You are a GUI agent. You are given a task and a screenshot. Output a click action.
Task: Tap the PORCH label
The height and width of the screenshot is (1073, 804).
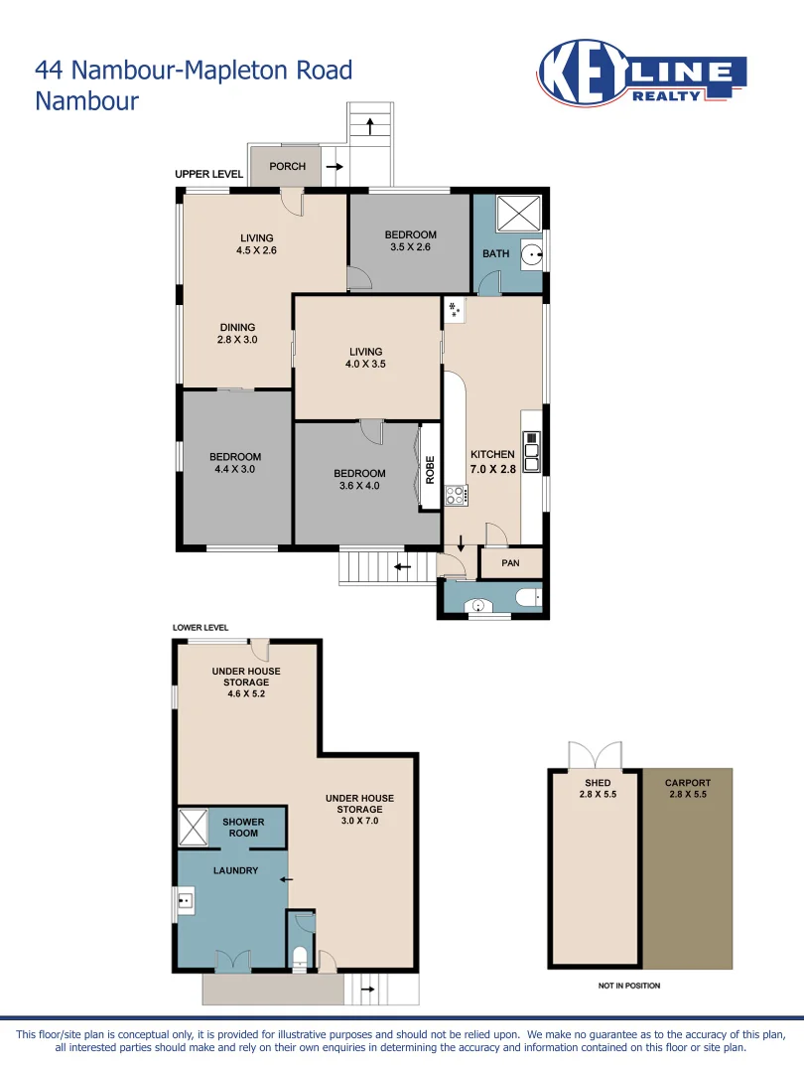[x=288, y=166]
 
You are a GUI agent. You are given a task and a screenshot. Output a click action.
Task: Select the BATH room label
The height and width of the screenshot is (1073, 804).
[x=496, y=253]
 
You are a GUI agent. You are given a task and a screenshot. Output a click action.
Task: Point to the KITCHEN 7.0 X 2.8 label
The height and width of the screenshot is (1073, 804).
[x=493, y=462]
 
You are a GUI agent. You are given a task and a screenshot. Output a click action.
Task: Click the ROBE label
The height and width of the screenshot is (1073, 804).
[x=430, y=469]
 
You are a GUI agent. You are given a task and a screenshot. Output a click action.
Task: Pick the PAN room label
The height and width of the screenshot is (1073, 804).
[x=510, y=563]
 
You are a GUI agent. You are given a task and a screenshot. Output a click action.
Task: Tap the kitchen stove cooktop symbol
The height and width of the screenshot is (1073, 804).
[x=457, y=494]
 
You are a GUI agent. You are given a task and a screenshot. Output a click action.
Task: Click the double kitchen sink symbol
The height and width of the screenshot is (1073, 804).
[x=532, y=450]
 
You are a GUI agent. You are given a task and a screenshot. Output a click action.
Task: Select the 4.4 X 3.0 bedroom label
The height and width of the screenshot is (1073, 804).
[x=235, y=463]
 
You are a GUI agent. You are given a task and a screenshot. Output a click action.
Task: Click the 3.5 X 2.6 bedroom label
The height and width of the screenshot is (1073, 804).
[x=410, y=241]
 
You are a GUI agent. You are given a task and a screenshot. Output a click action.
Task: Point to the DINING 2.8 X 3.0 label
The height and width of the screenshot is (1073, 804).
[x=237, y=334]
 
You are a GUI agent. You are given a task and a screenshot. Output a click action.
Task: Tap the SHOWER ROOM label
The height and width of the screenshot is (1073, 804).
[x=243, y=828]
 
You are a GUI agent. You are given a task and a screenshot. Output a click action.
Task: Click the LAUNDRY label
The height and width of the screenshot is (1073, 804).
[x=235, y=871]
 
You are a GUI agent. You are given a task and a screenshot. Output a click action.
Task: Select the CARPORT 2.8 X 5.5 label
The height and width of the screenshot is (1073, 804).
[x=688, y=789]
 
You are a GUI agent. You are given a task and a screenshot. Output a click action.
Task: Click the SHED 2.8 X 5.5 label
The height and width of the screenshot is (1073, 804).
[x=598, y=789]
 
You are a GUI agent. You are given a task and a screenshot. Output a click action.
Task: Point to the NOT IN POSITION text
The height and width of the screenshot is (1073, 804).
[x=629, y=986]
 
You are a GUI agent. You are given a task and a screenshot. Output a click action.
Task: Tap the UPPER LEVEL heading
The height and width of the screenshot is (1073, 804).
[x=208, y=174]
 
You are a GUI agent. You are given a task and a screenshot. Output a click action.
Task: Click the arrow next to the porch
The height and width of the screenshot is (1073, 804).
[x=334, y=167]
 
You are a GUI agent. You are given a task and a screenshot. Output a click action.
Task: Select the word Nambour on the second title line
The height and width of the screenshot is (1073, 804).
[x=87, y=100]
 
